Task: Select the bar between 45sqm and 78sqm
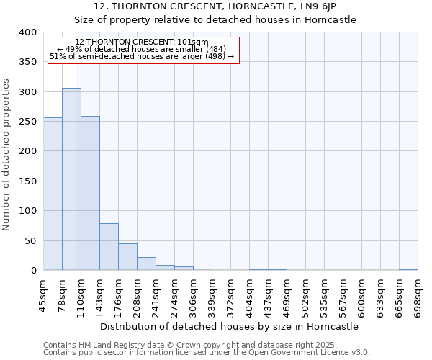coord(53,194)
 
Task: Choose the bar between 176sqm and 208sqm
coord(127,257)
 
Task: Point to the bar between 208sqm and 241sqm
coord(146,264)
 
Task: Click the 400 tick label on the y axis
coord(27,32)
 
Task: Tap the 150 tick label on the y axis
coord(27,181)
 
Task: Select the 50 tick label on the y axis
coord(30,241)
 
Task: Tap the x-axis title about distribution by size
coord(229,326)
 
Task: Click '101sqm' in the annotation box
coord(194,42)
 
